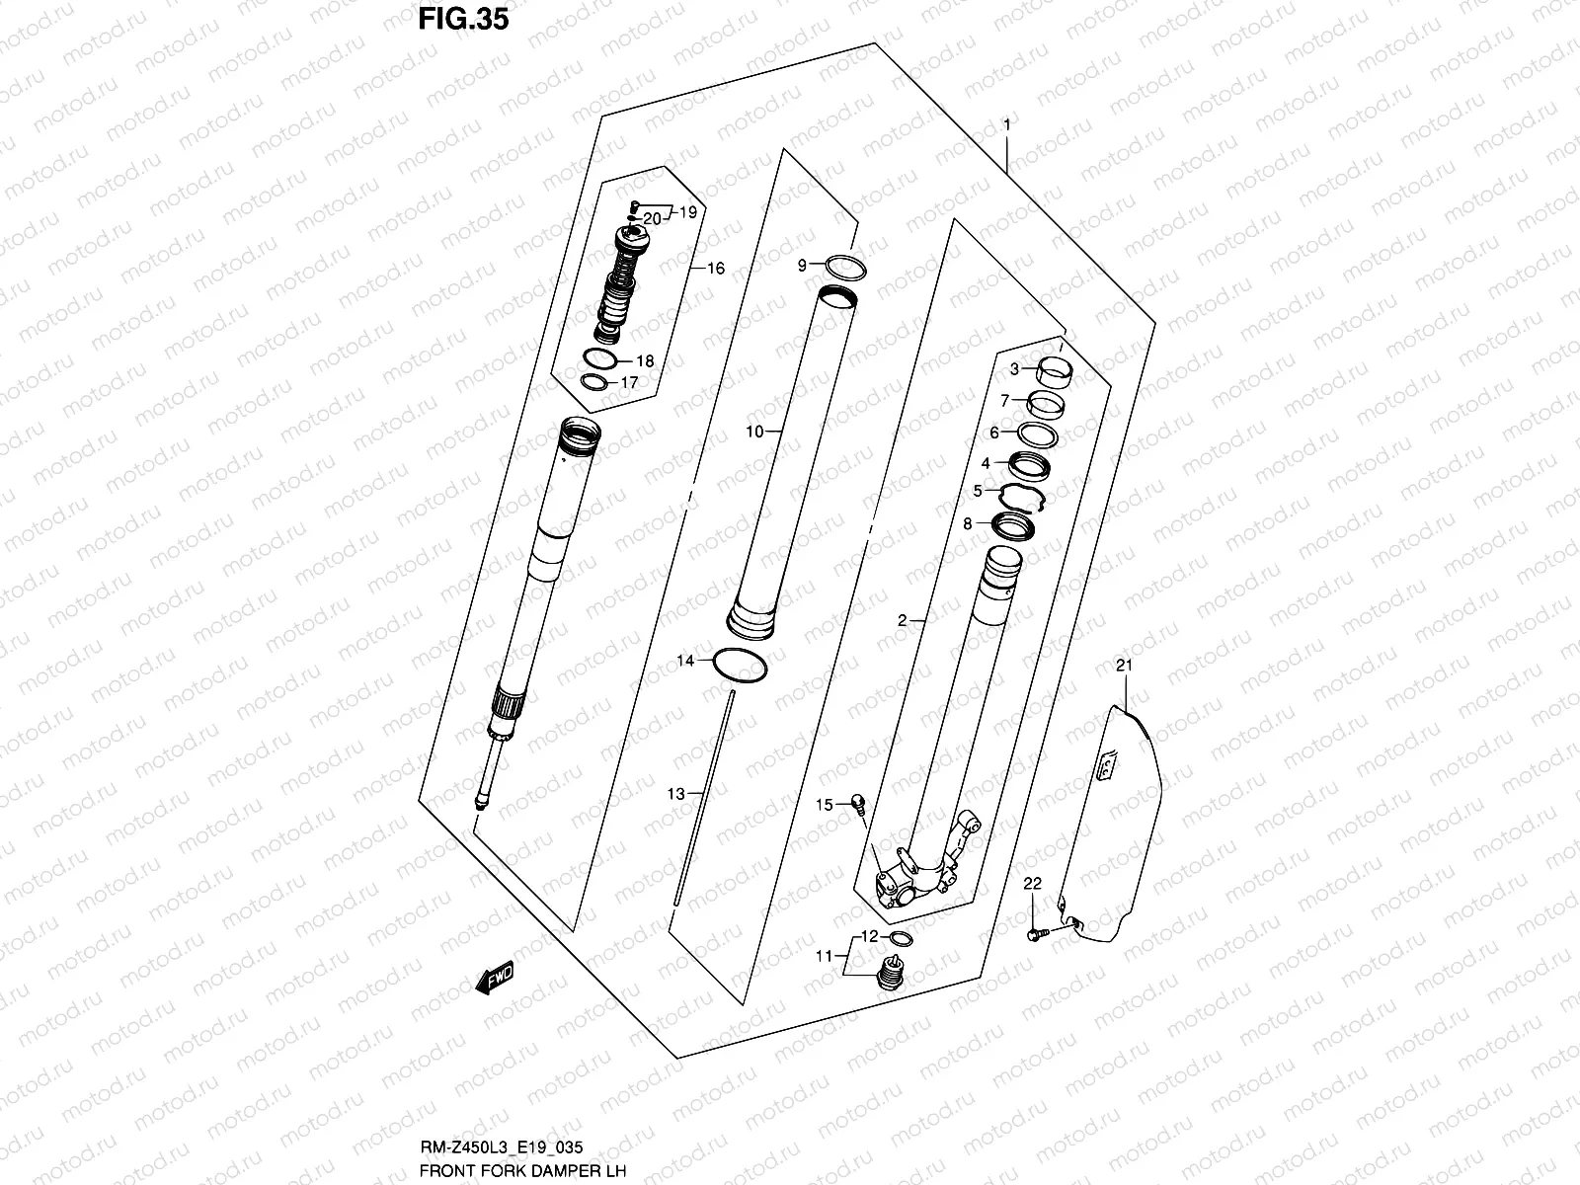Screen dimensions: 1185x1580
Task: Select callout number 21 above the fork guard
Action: [x=1122, y=667]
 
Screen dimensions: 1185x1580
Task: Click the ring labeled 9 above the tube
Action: [x=846, y=267]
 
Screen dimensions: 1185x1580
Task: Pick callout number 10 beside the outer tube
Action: [x=754, y=432]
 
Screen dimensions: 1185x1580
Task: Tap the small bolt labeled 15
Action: [x=857, y=804]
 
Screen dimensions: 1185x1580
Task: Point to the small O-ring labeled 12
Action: [x=901, y=937]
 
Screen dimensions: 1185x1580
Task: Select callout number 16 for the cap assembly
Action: [x=715, y=269]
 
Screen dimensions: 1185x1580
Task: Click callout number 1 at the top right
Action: [x=1006, y=124]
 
